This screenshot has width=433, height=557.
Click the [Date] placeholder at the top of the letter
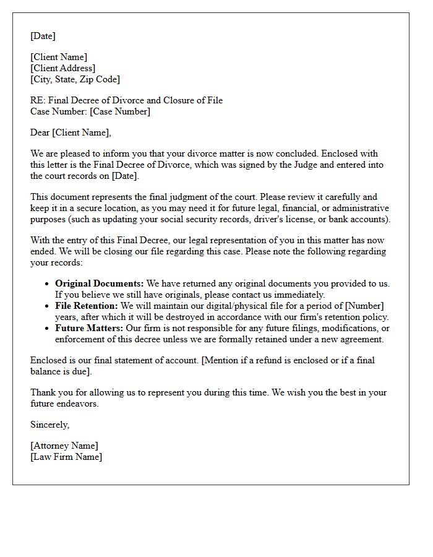(x=43, y=36)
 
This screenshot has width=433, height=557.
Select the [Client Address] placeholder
(x=62, y=68)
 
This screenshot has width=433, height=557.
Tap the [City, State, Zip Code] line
(x=75, y=79)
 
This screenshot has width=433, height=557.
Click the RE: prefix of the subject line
(x=37, y=100)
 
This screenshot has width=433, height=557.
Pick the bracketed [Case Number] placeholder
(x=119, y=111)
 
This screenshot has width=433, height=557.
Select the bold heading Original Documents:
(x=99, y=283)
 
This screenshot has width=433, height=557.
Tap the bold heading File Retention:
(x=86, y=306)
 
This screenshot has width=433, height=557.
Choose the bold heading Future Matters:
(x=89, y=328)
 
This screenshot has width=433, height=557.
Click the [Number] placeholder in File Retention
(x=364, y=306)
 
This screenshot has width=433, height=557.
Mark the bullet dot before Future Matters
(x=47, y=329)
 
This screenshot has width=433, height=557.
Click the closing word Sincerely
(x=49, y=425)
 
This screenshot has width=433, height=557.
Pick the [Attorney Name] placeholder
(x=64, y=446)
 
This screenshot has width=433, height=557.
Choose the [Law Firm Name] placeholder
(x=66, y=457)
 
